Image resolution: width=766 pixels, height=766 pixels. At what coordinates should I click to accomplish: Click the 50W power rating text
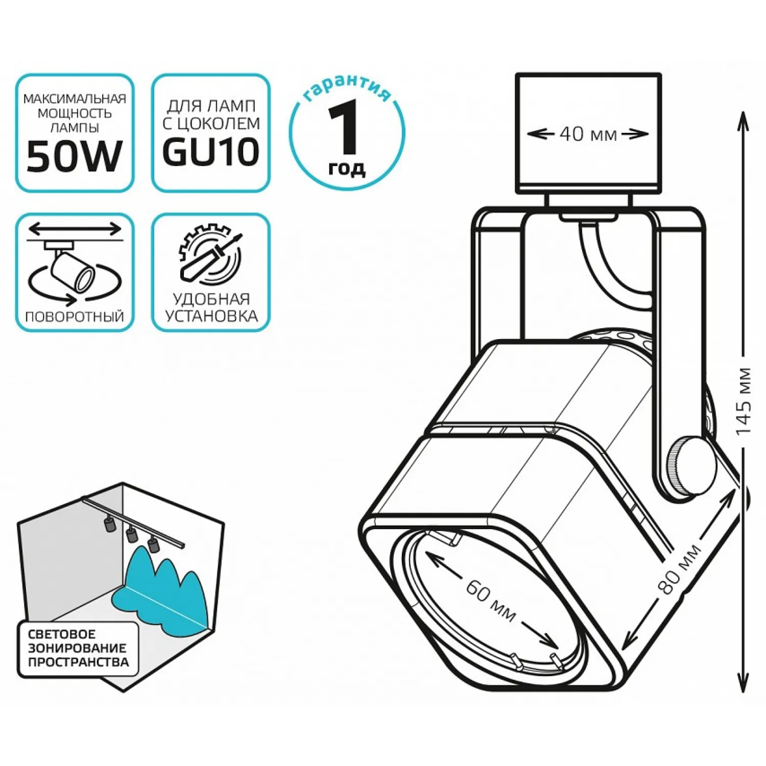click(75, 156)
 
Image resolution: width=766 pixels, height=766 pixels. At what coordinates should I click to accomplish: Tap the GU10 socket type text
click(211, 152)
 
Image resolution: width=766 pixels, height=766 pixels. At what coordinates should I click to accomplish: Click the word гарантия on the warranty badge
click(347, 87)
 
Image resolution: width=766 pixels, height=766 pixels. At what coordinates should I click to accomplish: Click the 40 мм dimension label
click(588, 134)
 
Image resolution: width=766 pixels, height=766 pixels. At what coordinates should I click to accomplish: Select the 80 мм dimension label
click(681, 569)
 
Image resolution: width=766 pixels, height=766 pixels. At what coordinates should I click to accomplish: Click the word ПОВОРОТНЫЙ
click(75, 317)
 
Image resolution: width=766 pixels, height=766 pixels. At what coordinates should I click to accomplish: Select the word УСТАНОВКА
click(211, 316)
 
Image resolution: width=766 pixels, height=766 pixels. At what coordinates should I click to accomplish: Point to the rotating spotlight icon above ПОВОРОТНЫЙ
click(75, 266)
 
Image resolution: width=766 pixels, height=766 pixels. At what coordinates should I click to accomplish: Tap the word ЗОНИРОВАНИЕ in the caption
click(77, 648)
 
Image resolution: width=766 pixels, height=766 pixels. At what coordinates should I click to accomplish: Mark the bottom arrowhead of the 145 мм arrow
click(743, 682)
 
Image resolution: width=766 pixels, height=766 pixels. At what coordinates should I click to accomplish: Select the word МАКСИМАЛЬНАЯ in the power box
click(75, 98)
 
